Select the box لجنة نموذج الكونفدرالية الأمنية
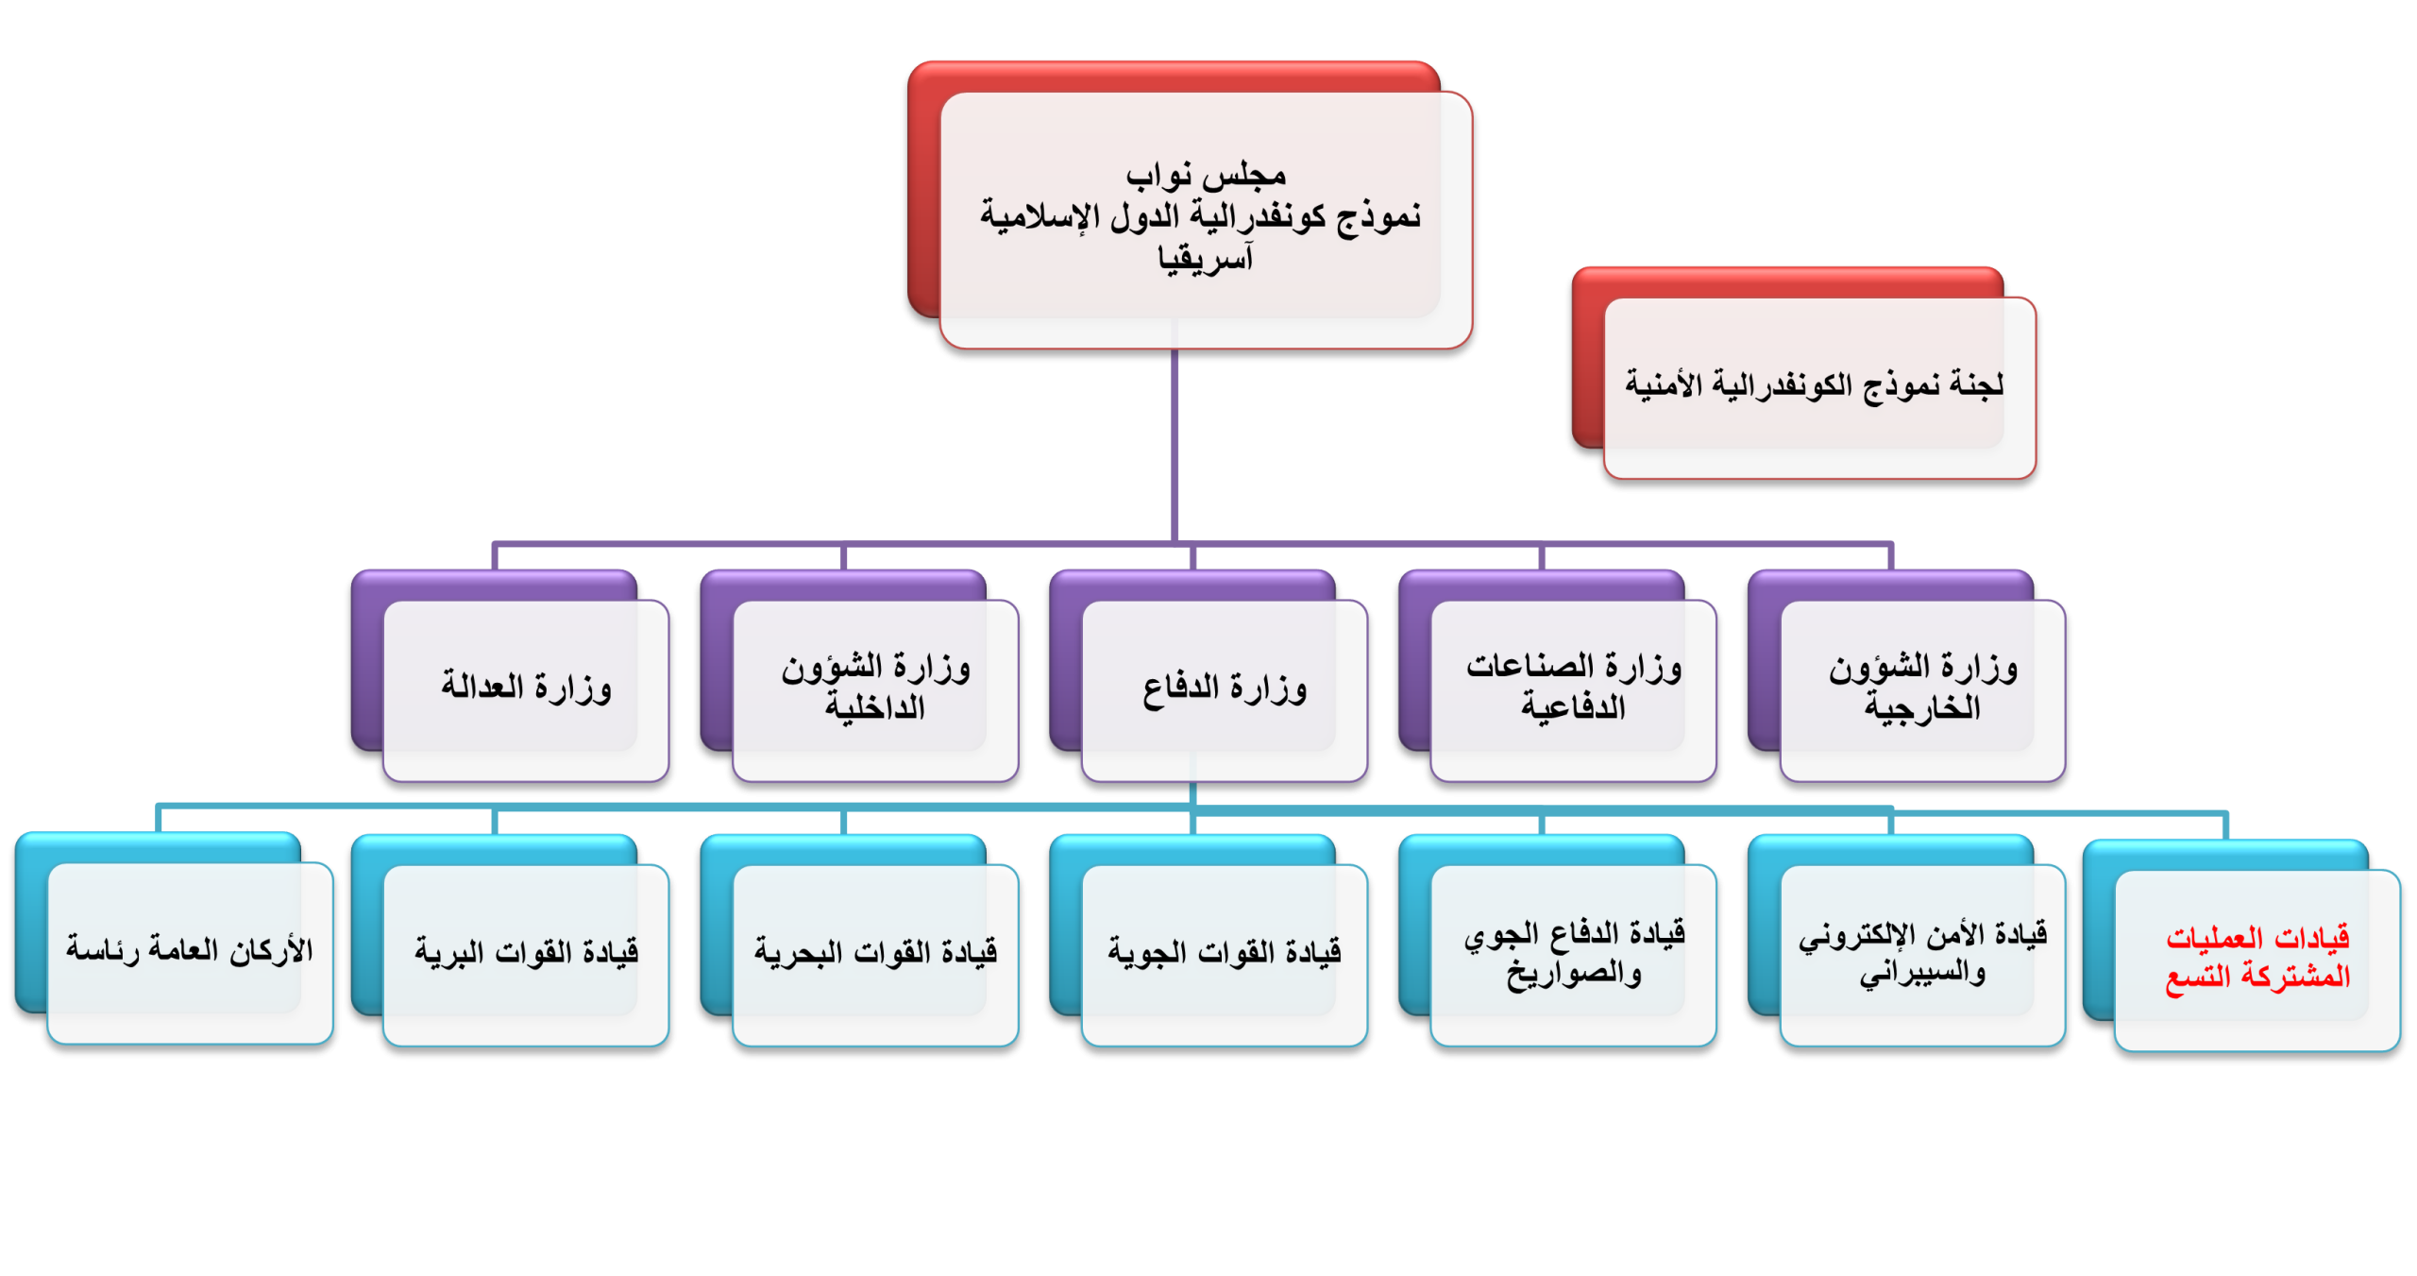(x=1818, y=386)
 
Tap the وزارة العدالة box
(x=526, y=689)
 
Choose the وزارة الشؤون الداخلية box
(x=875, y=689)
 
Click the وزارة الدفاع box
(x=1225, y=689)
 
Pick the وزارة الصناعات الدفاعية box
(x=1574, y=689)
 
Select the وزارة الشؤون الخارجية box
(x=1923, y=689)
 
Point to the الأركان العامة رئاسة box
(x=190, y=952)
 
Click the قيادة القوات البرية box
(x=526, y=954)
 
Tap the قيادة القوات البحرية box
(x=875, y=954)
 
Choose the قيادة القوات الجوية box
(x=1225, y=954)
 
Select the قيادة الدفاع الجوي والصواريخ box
(x=1574, y=954)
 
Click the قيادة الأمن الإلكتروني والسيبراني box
(x=1923, y=954)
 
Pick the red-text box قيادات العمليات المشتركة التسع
(x=2257, y=959)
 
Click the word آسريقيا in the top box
(x=1206, y=258)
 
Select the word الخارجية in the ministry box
(x=1922, y=708)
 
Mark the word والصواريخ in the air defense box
(x=1574, y=974)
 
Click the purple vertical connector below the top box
(x=1175, y=444)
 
